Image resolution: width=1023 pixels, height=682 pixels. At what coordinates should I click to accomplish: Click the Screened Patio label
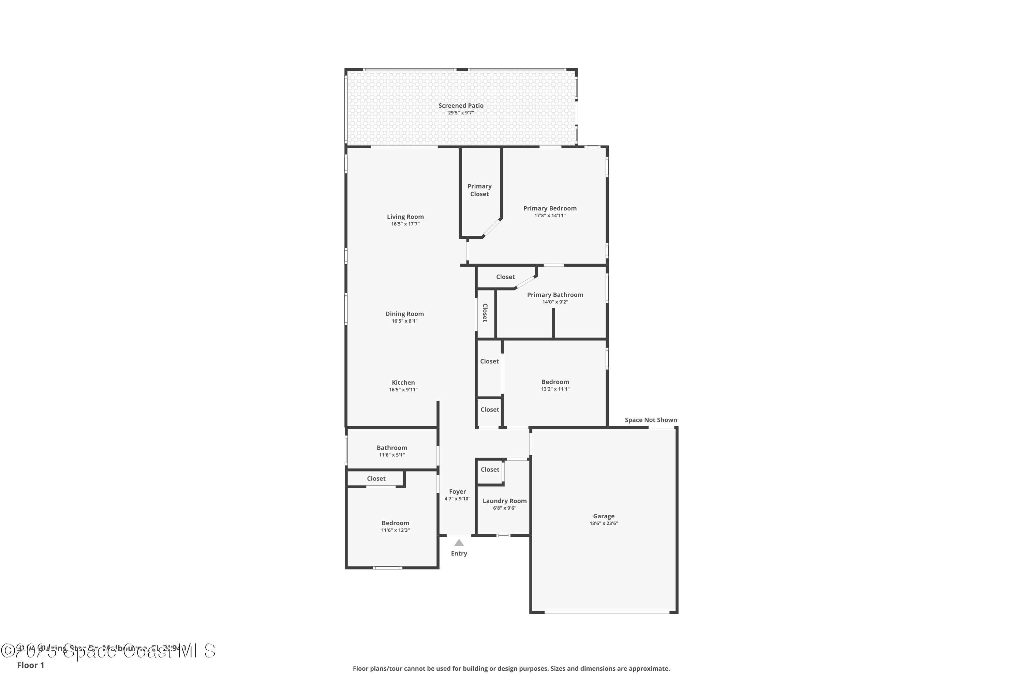tap(461, 106)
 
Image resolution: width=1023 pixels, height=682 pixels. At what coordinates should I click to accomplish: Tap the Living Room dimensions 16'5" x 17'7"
tap(405, 224)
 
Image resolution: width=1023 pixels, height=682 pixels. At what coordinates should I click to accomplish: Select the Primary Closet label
tap(479, 190)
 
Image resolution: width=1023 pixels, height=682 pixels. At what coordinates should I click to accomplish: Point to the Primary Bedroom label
tap(550, 208)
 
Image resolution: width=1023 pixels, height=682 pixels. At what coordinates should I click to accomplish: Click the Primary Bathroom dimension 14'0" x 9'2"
tap(555, 302)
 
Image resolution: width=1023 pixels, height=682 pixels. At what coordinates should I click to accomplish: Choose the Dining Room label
tap(404, 314)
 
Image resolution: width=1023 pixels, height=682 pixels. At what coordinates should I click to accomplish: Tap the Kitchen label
tap(403, 383)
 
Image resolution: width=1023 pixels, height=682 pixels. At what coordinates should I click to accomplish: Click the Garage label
tap(604, 516)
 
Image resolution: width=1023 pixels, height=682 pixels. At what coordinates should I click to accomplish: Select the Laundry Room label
tap(505, 501)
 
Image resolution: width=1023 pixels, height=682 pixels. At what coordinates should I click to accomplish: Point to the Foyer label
tap(458, 491)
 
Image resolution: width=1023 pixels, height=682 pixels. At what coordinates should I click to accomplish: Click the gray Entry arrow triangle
tap(459, 543)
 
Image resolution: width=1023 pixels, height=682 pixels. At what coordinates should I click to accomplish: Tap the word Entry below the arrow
tap(459, 553)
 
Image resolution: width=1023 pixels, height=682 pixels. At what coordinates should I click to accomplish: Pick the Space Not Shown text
tap(651, 420)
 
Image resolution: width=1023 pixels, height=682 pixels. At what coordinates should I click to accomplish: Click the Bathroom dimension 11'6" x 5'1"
tap(392, 455)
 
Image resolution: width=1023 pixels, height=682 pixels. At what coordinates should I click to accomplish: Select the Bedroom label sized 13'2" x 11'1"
tap(555, 382)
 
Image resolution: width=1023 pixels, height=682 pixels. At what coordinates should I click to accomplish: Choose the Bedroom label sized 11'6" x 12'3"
tap(395, 523)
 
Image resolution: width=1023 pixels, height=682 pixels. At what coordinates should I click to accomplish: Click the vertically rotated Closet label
tap(485, 312)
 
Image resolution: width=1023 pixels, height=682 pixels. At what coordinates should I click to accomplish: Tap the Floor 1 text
tap(30, 665)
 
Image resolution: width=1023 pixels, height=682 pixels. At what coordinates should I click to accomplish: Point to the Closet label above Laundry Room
tap(490, 470)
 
